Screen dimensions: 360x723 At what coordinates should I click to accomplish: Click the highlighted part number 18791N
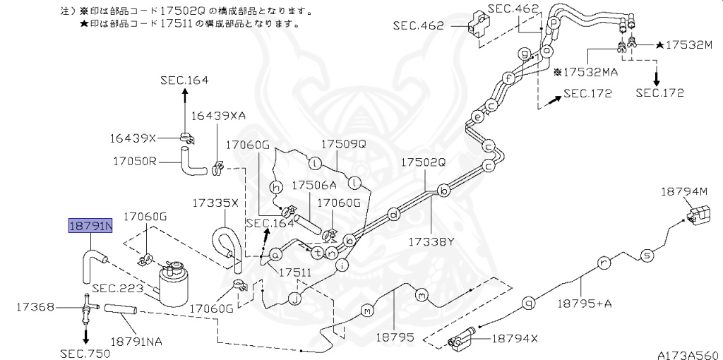tap(90, 226)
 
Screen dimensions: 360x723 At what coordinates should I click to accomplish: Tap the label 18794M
tap(684, 191)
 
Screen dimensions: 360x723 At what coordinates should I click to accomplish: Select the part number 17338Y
tap(429, 241)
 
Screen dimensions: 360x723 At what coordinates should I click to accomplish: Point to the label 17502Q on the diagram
tap(424, 162)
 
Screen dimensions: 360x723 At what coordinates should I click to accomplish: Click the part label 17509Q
tap(344, 144)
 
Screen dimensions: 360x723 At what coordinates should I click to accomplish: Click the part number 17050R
tap(133, 161)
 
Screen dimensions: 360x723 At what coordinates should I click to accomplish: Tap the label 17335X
tap(215, 203)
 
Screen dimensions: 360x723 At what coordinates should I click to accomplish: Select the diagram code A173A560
tap(688, 354)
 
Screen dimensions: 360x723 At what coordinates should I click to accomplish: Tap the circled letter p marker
tap(554, 22)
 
